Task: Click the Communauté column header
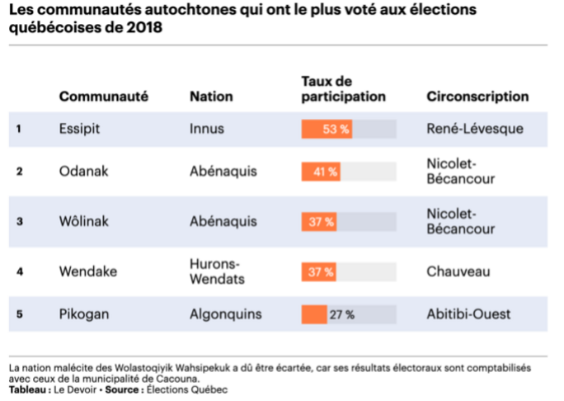click(103, 97)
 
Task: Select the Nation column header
click(210, 97)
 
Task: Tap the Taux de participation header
click(343, 89)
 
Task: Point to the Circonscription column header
click(477, 97)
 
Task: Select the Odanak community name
click(83, 172)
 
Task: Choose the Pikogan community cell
click(84, 314)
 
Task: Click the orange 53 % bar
click(327, 129)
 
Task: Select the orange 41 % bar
click(320, 172)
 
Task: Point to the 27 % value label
click(342, 314)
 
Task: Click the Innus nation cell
click(206, 129)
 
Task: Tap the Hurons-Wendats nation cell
click(214, 271)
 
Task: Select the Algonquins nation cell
click(225, 314)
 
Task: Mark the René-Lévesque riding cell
click(475, 129)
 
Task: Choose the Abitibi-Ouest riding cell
click(468, 314)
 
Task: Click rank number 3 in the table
click(19, 221)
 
